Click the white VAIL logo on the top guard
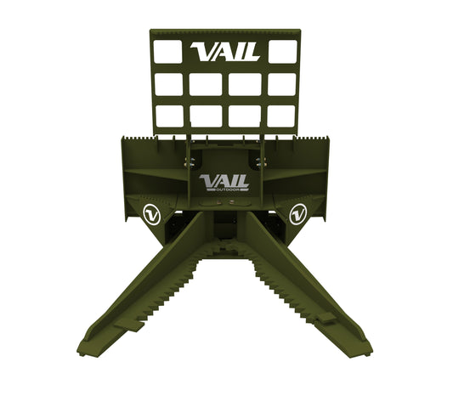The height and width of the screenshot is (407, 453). pyautogui.click(x=224, y=52)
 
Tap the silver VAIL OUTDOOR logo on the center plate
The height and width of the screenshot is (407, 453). pyautogui.click(x=224, y=183)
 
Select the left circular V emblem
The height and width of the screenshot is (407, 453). pyautogui.click(x=152, y=214)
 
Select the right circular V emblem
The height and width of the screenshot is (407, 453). pyautogui.click(x=297, y=214)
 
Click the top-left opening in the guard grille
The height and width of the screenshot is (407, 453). pyautogui.click(x=167, y=52)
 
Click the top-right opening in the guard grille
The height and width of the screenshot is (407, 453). pyautogui.click(x=282, y=52)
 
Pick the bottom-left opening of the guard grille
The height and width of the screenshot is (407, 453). pyautogui.click(x=169, y=116)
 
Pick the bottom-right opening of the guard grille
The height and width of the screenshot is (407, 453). pyautogui.click(x=281, y=116)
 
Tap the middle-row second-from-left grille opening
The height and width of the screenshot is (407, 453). pyautogui.click(x=206, y=84)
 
